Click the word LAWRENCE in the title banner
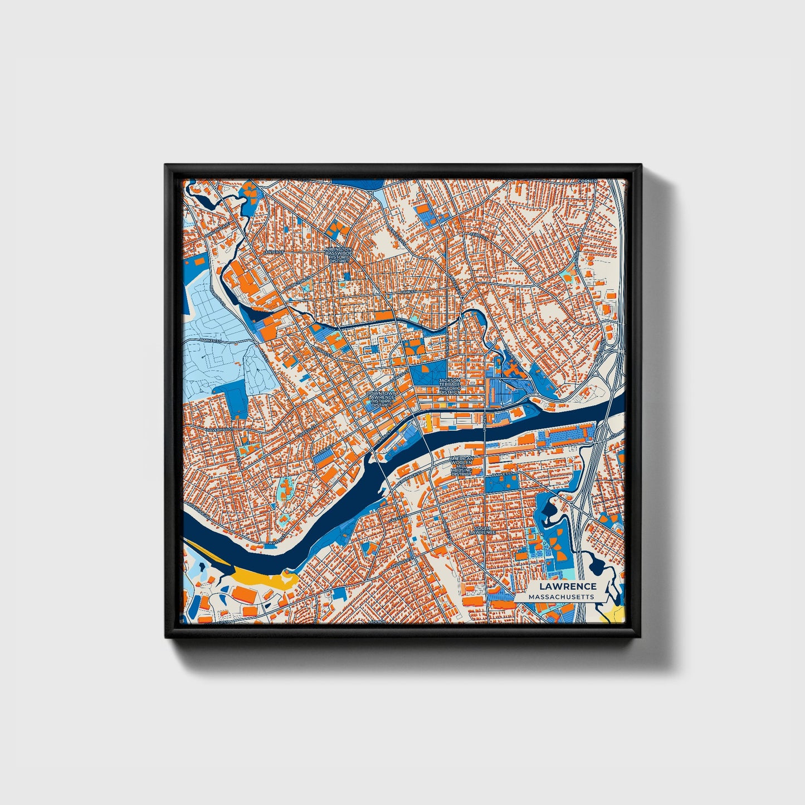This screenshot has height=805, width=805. (567, 586)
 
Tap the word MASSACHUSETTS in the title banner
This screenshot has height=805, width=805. (562, 597)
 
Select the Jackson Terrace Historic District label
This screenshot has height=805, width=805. (450, 386)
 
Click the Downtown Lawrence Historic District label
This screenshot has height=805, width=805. (382, 399)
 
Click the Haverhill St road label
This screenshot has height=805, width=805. (219, 430)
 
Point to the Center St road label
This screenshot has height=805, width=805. (274, 252)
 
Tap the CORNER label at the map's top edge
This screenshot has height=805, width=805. (587, 181)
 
